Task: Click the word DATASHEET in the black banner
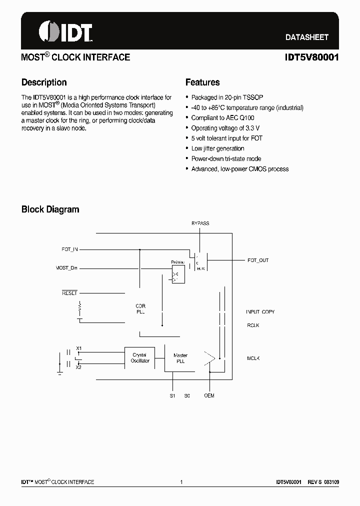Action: pyautogui.click(x=306, y=37)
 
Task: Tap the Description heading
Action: pyautogui.click(x=44, y=82)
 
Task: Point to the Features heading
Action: pyautogui.click(x=202, y=82)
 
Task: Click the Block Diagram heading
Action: pyautogui.click(x=50, y=209)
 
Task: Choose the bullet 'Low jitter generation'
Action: pyautogui.click(x=217, y=148)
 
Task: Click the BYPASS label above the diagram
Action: pyautogui.click(x=200, y=223)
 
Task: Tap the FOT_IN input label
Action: pyautogui.click(x=69, y=248)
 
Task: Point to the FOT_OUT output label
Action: pyautogui.click(x=258, y=260)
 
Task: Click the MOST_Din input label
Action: pyautogui.click(x=66, y=268)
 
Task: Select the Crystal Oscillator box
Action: pyautogui.click(x=140, y=358)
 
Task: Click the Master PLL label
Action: pyautogui.click(x=180, y=358)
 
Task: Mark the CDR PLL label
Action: pyautogui.click(x=140, y=309)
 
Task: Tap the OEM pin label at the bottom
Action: pyautogui.click(x=209, y=396)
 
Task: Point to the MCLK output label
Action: pyautogui.click(x=253, y=358)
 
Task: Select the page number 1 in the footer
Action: pyautogui.click(x=181, y=482)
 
